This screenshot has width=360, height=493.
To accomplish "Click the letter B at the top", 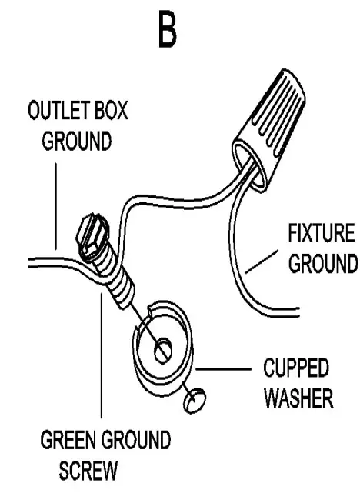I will [x=167, y=31].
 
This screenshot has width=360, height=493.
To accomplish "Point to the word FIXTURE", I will [x=322, y=234].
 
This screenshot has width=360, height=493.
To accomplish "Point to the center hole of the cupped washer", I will [x=162, y=351].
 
